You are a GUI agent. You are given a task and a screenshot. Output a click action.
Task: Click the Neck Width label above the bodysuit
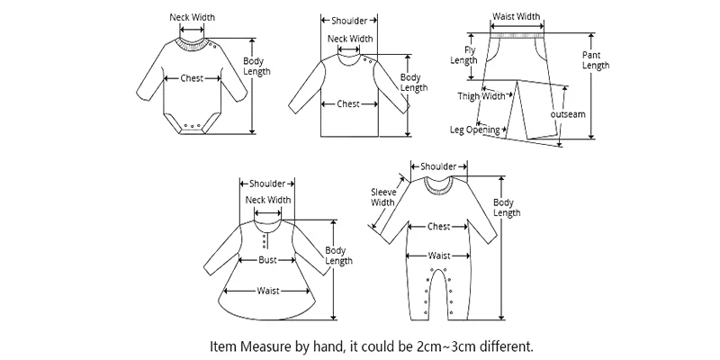point(193,17)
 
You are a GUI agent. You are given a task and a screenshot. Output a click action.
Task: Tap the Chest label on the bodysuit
point(192,78)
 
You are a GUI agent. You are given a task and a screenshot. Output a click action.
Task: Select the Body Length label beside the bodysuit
point(256,67)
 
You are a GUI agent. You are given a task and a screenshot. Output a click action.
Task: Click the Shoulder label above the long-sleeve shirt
point(349,20)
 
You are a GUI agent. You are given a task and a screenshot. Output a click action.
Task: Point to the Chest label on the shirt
point(348,103)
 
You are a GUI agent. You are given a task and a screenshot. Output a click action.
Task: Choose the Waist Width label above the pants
point(516,16)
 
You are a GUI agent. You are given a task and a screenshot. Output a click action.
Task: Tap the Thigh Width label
point(481,96)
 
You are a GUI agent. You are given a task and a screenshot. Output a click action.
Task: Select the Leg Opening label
point(474,130)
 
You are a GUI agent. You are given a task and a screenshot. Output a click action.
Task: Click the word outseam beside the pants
point(568,115)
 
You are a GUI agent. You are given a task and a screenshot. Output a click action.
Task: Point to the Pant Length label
point(595,60)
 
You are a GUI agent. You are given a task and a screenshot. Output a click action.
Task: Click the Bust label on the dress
point(268,259)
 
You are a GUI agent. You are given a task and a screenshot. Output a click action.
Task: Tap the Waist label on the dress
point(267,290)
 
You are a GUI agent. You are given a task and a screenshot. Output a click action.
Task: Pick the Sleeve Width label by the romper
point(383,197)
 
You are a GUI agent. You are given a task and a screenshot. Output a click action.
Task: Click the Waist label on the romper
point(438,256)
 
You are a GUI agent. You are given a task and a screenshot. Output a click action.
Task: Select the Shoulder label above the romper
point(438,166)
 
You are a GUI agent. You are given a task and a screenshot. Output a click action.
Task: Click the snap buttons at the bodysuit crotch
point(192,124)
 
